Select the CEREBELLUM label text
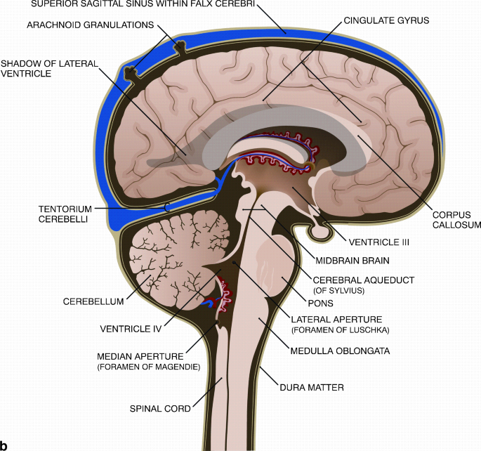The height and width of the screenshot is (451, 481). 93,301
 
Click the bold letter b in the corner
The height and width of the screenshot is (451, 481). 6,445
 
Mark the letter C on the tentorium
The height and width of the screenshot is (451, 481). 167,206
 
